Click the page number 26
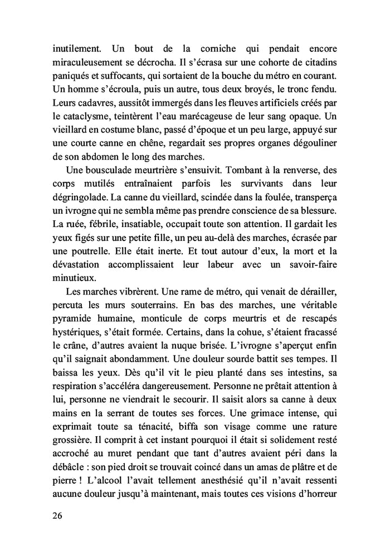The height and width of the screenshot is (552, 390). [x=53, y=515]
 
